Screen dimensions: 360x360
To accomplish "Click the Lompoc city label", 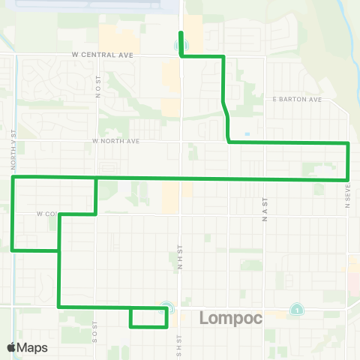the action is coord(231,319).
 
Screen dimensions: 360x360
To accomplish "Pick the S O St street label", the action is coord(95,331).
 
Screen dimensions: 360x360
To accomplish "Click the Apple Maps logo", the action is coord(27,347).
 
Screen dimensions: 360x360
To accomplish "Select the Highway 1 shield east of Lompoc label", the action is coord(298,310).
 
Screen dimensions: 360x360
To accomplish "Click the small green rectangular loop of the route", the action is coord(148,317).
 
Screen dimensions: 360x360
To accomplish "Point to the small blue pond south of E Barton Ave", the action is coord(247,134).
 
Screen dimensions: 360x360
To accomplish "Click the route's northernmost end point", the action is coord(181,32).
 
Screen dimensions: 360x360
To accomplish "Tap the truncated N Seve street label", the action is coord(348,196).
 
